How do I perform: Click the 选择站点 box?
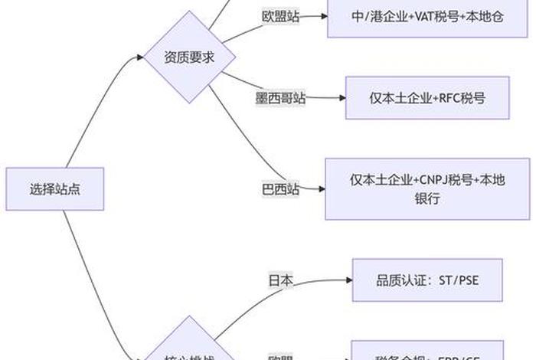tap(54, 188)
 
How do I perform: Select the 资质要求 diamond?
tap(189, 56)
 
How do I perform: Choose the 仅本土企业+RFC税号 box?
tap(427, 97)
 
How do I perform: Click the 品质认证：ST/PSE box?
tap(427, 280)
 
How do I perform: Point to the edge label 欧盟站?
tap(280, 17)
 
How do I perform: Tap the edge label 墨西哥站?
tap(279, 98)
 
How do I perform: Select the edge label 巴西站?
tap(279, 188)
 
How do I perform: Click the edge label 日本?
tap(279, 280)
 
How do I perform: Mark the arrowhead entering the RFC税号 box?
tap(342, 97)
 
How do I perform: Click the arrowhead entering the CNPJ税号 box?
tap(322, 188)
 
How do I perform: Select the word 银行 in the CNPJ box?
tap(427, 198)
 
